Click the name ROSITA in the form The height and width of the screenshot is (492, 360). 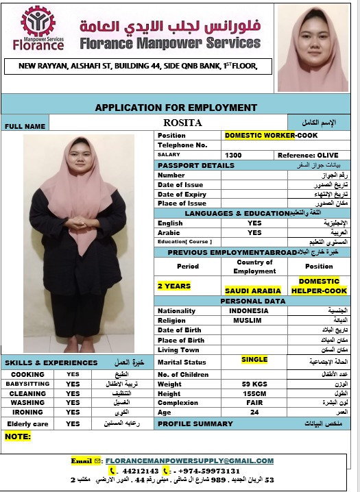click(x=184, y=123)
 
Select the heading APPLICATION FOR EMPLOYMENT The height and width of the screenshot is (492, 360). click(x=176, y=108)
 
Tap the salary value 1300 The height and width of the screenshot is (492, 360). click(x=233, y=156)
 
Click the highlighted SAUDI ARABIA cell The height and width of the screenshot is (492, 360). click(x=252, y=291)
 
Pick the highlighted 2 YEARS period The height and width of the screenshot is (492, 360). click(x=174, y=286)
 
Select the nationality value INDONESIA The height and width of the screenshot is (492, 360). click(x=250, y=310)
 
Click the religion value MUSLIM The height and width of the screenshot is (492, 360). click(x=247, y=320)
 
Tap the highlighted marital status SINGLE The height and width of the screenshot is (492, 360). click(x=254, y=359)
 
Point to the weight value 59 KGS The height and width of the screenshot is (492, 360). click(x=254, y=384)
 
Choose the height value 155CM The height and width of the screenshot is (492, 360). click(x=254, y=393)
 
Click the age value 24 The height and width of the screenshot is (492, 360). click(x=254, y=413)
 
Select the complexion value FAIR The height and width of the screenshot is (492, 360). click(x=254, y=403)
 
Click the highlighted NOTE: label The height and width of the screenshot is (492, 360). click(x=19, y=436)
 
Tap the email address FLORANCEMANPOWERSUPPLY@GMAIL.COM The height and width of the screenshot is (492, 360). click(x=189, y=461)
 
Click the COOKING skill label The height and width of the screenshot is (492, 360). click(x=27, y=374)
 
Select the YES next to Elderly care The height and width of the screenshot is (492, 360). click(x=73, y=424)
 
